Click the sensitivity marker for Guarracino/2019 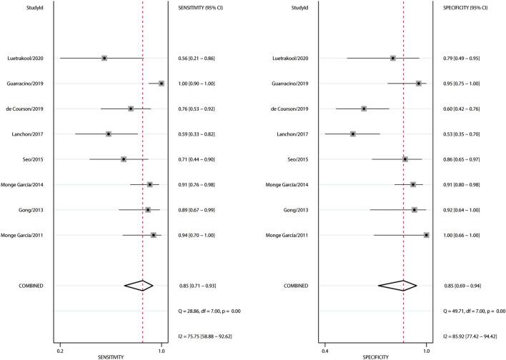coord(161,84)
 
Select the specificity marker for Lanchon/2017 coord(353,134)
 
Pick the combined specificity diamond coord(398,286)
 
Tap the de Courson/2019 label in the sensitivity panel coord(25,109)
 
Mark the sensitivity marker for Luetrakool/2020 coord(104,58)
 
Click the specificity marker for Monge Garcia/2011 coord(427,235)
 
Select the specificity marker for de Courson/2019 coord(364,109)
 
